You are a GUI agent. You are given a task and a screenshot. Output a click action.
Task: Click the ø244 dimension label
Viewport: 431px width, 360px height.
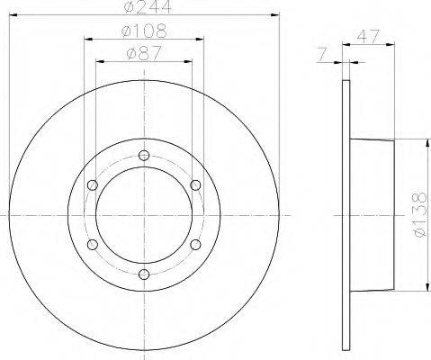(x=148, y=6)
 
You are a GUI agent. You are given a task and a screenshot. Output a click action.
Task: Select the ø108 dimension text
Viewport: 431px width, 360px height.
(x=144, y=31)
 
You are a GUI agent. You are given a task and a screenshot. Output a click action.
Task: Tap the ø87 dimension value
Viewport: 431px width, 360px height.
(x=144, y=53)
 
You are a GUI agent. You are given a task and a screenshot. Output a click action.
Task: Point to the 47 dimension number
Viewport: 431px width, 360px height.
(x=368, y=36)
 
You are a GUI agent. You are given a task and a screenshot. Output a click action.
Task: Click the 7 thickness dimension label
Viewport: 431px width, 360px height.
(x=322, y=54)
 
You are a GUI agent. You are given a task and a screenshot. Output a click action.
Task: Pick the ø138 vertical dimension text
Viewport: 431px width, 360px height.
(x=419, y=215)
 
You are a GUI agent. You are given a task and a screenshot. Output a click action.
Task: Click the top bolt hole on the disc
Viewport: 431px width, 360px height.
(x=144, y=155)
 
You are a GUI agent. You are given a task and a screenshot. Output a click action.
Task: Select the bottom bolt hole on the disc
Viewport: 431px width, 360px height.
(x=144, y=274)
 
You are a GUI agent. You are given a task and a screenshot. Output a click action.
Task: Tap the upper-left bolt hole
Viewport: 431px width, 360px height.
(x=93, y=185)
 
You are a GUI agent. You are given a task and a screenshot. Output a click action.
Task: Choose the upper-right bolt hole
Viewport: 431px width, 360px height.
(x=195, y=185)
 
